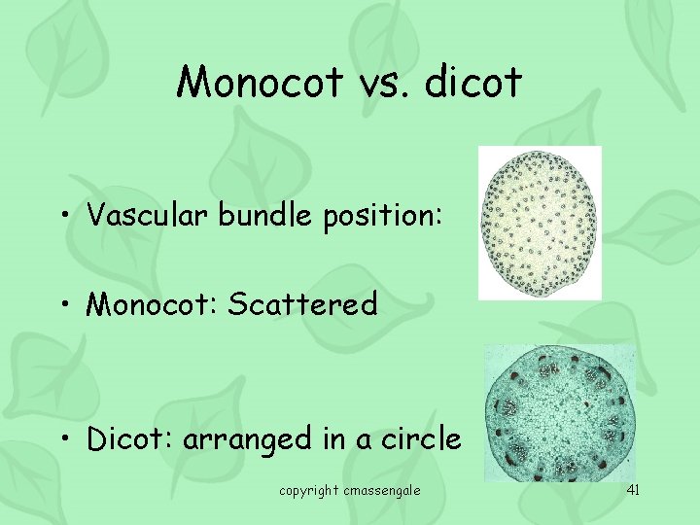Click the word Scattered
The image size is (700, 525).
[x=302, y=305]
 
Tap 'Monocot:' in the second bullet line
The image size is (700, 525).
[x=152, y=305]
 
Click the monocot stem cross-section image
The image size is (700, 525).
[x=540, y=223]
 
